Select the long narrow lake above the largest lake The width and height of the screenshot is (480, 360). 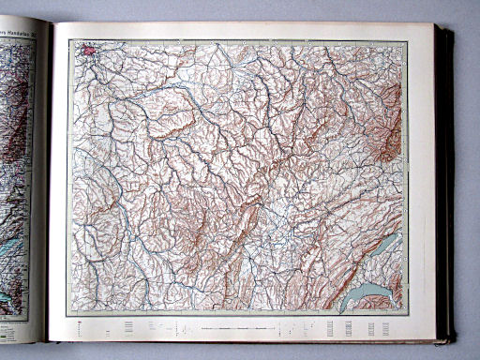pos(384,249)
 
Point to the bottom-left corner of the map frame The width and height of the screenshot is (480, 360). pos(68,313)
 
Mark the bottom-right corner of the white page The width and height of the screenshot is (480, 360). pos(436,338)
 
